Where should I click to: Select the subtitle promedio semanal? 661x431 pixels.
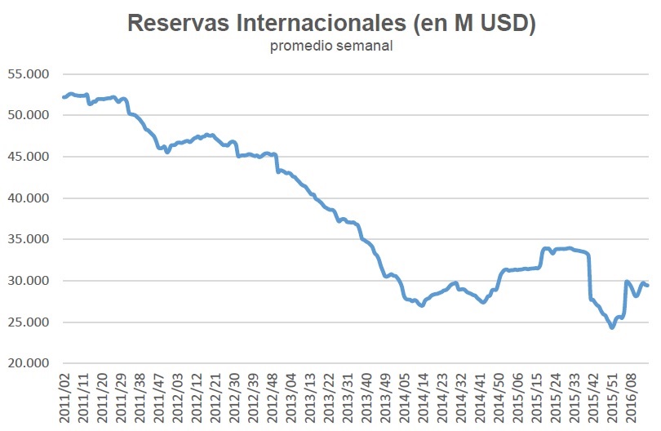[x=331, y=46]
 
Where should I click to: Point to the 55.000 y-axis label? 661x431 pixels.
[x=29, y=73]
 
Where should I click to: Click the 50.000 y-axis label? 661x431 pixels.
[x=29, y=115]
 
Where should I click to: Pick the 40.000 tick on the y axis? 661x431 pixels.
[x=29, y=198]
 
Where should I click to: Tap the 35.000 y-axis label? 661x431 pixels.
[x=29, y=240]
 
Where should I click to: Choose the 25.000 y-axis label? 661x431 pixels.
[x=29, y=322]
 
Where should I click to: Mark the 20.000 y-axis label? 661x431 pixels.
[x=29, y=364]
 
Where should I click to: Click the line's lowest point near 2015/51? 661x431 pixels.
[x=612, y=327]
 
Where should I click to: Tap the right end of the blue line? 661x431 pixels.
[x=648, y=285]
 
